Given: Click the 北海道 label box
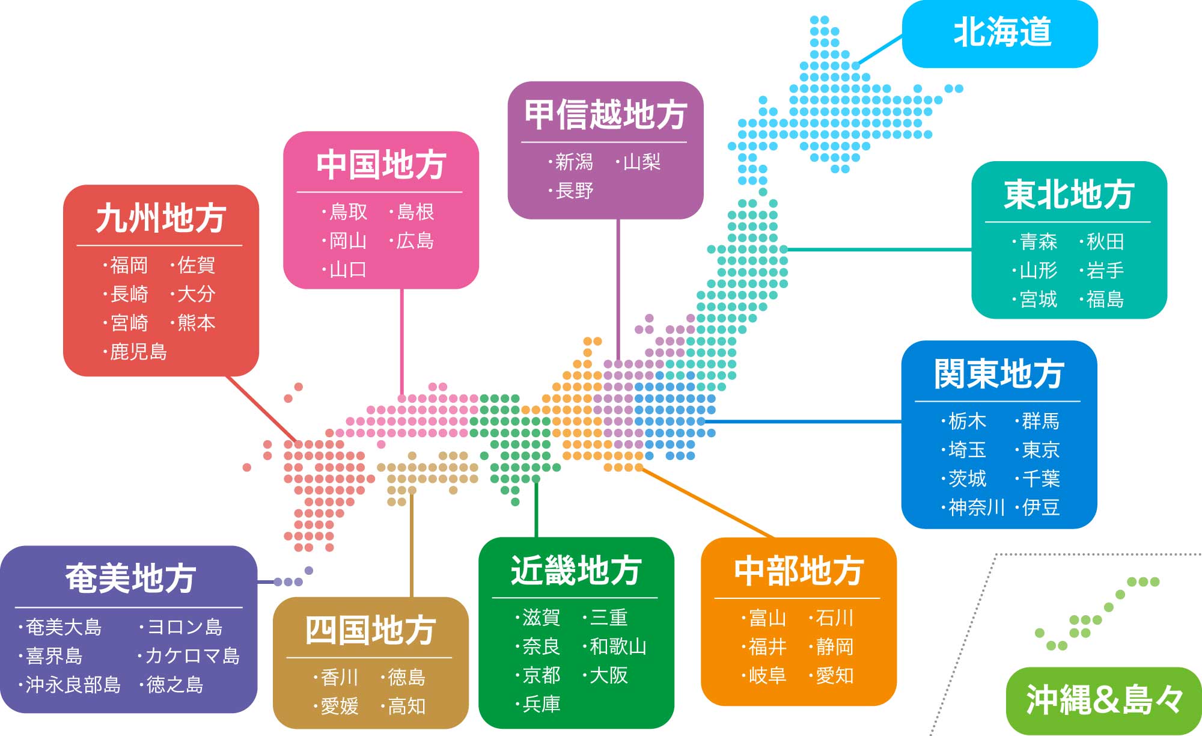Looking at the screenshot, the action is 999,34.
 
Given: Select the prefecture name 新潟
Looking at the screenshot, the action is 574,162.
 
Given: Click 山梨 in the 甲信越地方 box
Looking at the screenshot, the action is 642,162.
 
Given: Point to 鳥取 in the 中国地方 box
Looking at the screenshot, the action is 349,212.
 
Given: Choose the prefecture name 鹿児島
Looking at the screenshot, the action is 139,352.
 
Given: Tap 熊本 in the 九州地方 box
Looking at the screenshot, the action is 197,323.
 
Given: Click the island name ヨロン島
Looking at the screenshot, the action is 185,627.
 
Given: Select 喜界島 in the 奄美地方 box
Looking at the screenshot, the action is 54,656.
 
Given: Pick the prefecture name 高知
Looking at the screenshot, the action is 407,706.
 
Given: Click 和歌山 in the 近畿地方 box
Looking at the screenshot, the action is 618,646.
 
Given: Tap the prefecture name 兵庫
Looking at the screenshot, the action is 542,704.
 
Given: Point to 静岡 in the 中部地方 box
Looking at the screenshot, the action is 835,647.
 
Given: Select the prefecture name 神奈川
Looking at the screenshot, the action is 977,508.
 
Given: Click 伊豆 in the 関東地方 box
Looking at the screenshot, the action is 1041,508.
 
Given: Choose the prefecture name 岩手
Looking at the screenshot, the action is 1105,271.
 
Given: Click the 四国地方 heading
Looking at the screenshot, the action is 370,630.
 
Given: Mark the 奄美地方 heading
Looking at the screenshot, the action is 130,578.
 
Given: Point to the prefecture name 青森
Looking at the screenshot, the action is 1039,242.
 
